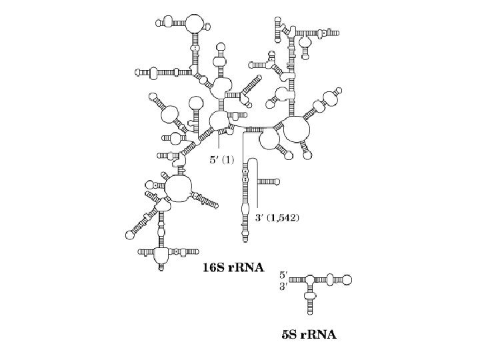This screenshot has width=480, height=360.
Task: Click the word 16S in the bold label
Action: pyautogui.click(x=215, y=268)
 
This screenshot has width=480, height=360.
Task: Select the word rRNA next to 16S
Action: pyautogui.click(x=247, y=268)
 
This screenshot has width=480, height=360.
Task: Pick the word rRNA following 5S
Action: pyautogui.click(x=319, y=334)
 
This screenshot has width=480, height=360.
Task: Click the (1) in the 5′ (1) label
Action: pyautogui.click(x=228, y=159)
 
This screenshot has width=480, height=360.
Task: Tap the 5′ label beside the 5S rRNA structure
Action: pyautogui.click(x=283, y=274)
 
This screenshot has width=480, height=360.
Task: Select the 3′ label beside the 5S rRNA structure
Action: pyautogui.click(x=283, y=286)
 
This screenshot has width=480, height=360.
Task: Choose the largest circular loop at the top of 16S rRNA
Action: pyautogui.click(x=195, y=22)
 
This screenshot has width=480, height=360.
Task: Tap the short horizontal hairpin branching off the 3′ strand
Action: pyautogui.click(x=269, y=181)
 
